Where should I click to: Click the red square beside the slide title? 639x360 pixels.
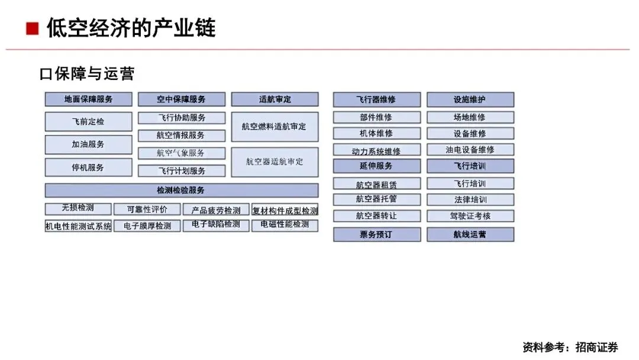coord(33,28)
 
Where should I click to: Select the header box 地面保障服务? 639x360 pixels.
coord(88,99)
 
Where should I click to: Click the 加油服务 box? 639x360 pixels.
coord(88,144)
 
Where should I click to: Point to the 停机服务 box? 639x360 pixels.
coord(88,168)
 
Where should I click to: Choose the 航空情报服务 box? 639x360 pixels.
coord(181,136)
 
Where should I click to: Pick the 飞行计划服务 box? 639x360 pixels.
coord(181,171)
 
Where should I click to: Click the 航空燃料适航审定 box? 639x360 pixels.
coord(275,127)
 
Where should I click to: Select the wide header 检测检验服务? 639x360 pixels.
coord(181,191)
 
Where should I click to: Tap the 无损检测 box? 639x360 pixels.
coord(78,208)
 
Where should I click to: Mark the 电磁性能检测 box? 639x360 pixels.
coord(285,225)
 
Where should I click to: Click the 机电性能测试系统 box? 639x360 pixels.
coord(78,226)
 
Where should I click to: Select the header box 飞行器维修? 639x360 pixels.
coord(376,99)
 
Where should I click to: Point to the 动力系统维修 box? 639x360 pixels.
coord(376,151)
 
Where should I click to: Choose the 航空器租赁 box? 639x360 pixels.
coord(376,185)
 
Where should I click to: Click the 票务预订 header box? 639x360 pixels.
coord(376,234)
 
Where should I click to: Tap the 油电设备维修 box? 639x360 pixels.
coord(470,150)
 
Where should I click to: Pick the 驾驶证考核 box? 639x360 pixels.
coord(470,216)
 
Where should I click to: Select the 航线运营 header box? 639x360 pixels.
coord(470,234)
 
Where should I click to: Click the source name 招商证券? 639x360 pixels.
coord(596,347)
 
